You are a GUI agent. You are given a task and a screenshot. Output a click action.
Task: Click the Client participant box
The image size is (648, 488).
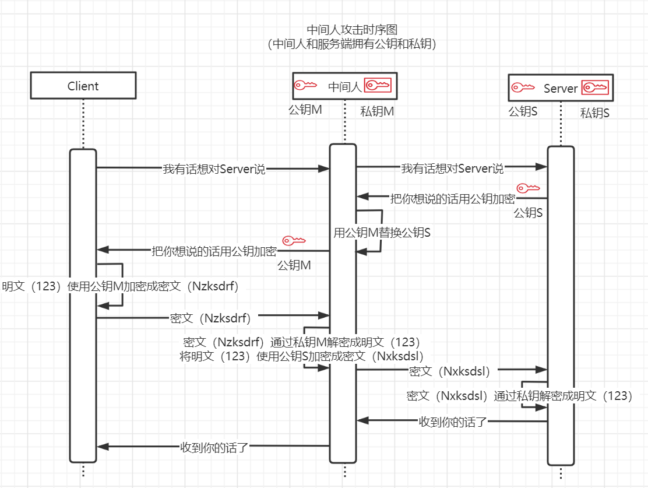click(x=83, y=86)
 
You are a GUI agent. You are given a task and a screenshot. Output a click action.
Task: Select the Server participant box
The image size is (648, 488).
click(x=561, y=88)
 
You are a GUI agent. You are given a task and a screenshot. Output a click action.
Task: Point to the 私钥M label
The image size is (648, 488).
click(x=377, y=111)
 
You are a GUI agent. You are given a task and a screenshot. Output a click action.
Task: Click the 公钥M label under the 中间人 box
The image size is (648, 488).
click(x=305, y=110)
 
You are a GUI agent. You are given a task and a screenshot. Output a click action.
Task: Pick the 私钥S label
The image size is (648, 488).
click(x=594, y=113)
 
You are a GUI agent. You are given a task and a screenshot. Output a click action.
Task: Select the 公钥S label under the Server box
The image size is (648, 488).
click(x=523, y=111)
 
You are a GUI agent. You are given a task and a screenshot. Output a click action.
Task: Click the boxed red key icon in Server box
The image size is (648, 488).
click(x=596, y=87)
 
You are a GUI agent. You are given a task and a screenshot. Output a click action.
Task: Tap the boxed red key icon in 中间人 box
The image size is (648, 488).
click(x=378, y=86)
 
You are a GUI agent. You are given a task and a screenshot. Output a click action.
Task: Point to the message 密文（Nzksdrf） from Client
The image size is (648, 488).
click(x=210, y=318)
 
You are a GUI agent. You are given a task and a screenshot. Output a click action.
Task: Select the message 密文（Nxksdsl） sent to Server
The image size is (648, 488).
click(x=449, y=371)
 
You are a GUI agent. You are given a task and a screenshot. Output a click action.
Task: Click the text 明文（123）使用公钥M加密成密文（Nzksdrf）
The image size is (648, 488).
click(x=121, y=286)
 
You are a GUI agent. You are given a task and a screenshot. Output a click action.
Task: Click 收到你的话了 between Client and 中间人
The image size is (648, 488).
click(x=214, y=448)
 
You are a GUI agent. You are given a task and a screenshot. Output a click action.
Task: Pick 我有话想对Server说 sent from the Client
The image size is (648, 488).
click(x=213, y=170)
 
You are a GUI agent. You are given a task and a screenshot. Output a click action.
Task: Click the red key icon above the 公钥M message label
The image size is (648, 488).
click(x=294, y=240)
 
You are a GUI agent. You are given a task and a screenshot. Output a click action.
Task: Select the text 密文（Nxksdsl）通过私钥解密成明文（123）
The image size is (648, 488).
click(x=519, y=396)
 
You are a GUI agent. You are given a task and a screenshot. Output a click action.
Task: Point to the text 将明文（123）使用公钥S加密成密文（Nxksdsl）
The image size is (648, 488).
click(x=302, y=356)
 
